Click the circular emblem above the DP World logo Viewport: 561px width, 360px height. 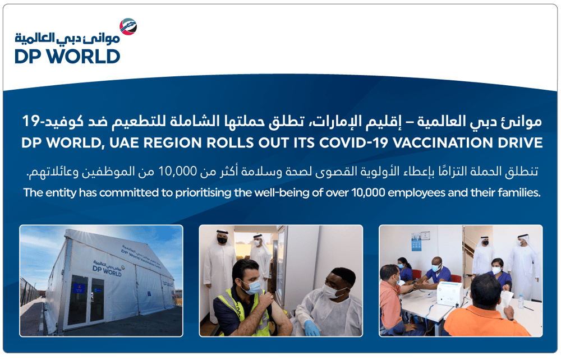click(x=128, y=27)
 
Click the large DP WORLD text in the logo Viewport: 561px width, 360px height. click(x=67, y=57)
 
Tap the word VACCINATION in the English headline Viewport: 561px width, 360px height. click(x=441, y=142)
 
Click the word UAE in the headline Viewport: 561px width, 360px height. click(x=124, y=142)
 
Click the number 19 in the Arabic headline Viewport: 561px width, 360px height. click(x=30, y=121)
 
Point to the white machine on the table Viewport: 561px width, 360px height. click(x=450, y=293)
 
